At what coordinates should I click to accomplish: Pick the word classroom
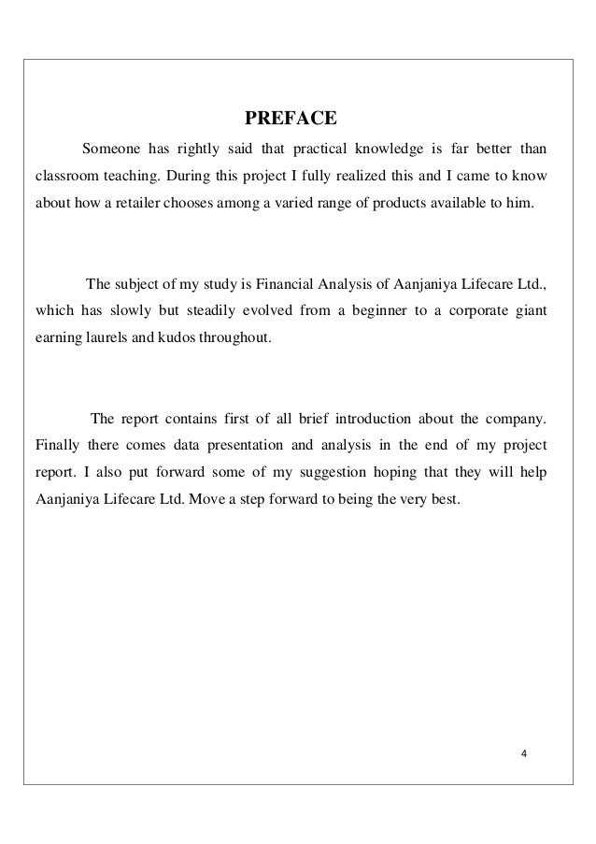(x=67, y=174)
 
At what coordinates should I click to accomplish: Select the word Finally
(x=55, y=442)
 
